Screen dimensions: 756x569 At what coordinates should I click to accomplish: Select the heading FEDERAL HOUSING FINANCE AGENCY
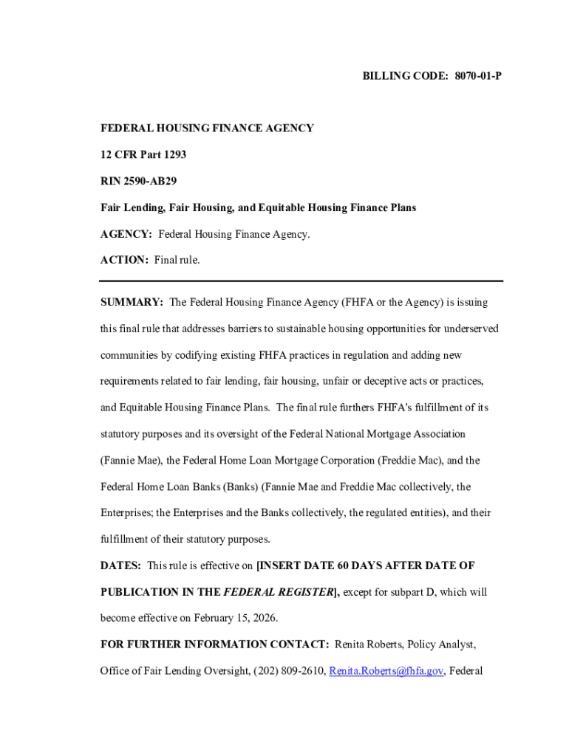point(207,128)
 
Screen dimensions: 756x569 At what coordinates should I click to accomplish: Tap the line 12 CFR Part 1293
point(143,155)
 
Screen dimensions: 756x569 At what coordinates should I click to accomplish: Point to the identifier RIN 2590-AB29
point(139,181)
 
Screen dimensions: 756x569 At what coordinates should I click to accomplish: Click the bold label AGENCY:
point(126,234)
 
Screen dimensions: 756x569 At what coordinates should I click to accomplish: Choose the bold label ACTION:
point(124,260)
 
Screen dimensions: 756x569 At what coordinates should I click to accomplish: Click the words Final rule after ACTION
point(177,260)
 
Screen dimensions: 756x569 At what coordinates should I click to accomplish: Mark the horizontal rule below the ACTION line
point(301,281)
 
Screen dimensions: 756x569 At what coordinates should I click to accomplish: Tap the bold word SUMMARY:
point(132,303)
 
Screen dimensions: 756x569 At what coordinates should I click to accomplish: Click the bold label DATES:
point(120,566)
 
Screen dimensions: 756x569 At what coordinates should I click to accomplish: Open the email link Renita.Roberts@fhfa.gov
point(386,671)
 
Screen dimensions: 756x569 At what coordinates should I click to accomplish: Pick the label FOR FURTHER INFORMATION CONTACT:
point(215,645)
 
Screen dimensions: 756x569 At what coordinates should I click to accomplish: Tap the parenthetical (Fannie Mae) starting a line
point(131,461)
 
